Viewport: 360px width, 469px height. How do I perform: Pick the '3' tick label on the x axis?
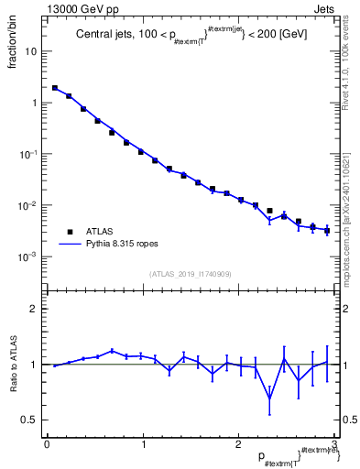(334, 444)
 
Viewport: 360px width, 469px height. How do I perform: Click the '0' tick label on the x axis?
(47, 444)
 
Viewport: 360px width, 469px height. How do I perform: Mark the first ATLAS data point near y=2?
(55, 88)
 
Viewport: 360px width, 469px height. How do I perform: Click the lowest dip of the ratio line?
(269, 398)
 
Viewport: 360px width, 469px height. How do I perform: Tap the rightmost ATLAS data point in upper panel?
(326, 230)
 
